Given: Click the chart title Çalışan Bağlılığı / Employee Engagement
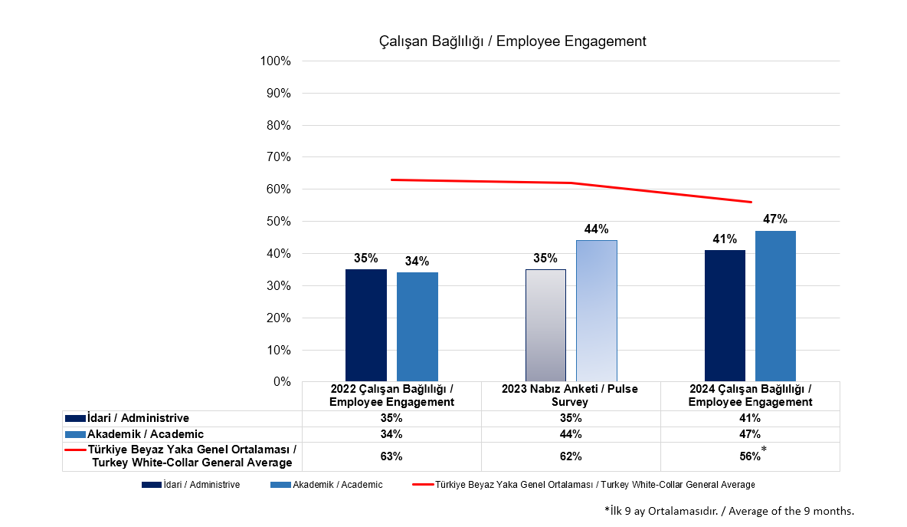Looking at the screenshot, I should coord(512,41).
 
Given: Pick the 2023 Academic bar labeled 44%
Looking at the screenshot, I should coord(597,310).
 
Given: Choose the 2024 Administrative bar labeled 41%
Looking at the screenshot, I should coord(725,315).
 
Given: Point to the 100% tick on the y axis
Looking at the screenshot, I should coord(276,61).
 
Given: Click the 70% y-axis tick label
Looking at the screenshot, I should coord(278,157).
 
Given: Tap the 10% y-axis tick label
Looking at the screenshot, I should coord(278,350).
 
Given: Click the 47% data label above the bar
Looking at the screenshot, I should coord(775,219).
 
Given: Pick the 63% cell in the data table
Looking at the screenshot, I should coord(391,456).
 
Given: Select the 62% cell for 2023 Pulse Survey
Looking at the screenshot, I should coord(571,456).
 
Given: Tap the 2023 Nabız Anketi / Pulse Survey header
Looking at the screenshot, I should coord(570,395).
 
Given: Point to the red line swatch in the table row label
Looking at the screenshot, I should coord(75,450).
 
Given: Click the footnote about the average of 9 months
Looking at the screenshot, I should coord(729,511).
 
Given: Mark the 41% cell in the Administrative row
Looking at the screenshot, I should coord(749,418).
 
